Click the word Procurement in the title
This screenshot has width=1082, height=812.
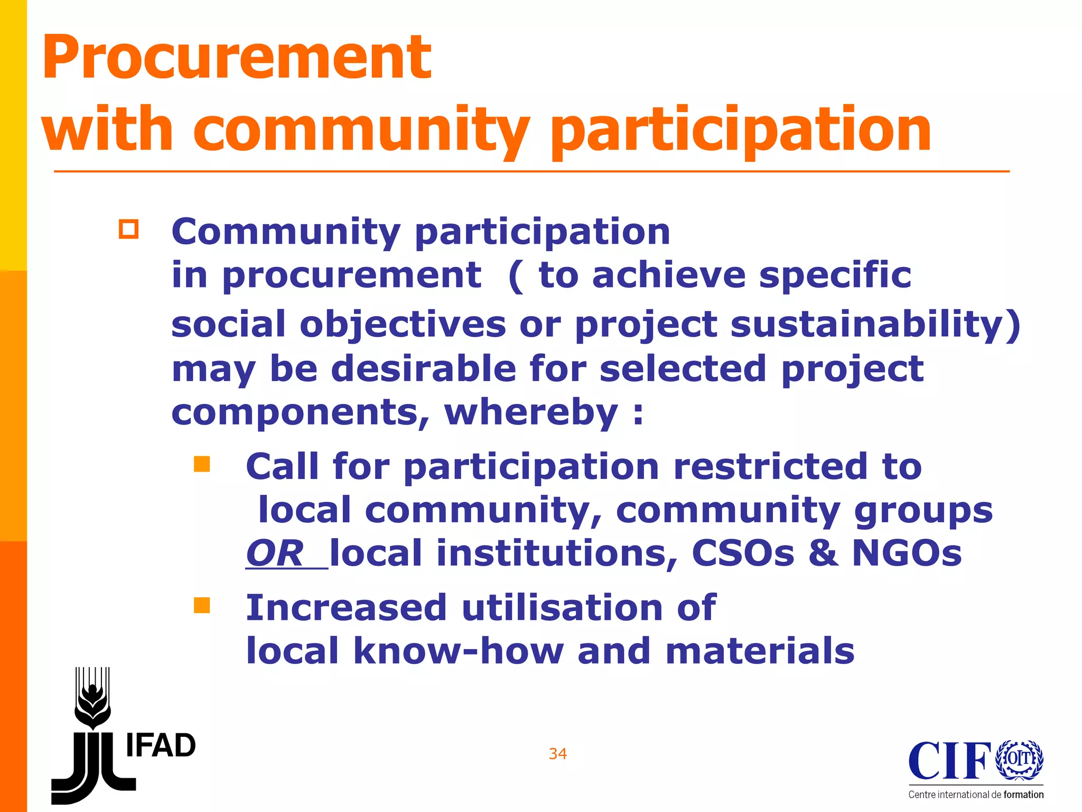[x=237, y=57]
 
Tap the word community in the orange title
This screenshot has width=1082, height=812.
[x=361, y=130]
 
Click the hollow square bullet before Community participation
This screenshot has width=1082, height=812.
[x=128, y=229]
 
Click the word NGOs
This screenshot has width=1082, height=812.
[x=907, y=553]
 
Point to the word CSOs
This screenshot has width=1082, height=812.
[x=743, y=553]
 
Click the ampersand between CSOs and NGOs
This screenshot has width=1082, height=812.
[x=823, y=553]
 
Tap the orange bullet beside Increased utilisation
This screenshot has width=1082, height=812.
[x=202, y=605]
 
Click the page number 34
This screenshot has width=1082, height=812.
[x=558, y=754]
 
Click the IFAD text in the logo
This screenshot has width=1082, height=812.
[x=161, y=746]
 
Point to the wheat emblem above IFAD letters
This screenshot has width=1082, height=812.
[x=93, y=698]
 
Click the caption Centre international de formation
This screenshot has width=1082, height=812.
[x=976, y=795]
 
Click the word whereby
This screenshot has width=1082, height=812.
[x=530, y=412]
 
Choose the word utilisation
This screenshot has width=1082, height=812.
[x=562, y=607]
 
